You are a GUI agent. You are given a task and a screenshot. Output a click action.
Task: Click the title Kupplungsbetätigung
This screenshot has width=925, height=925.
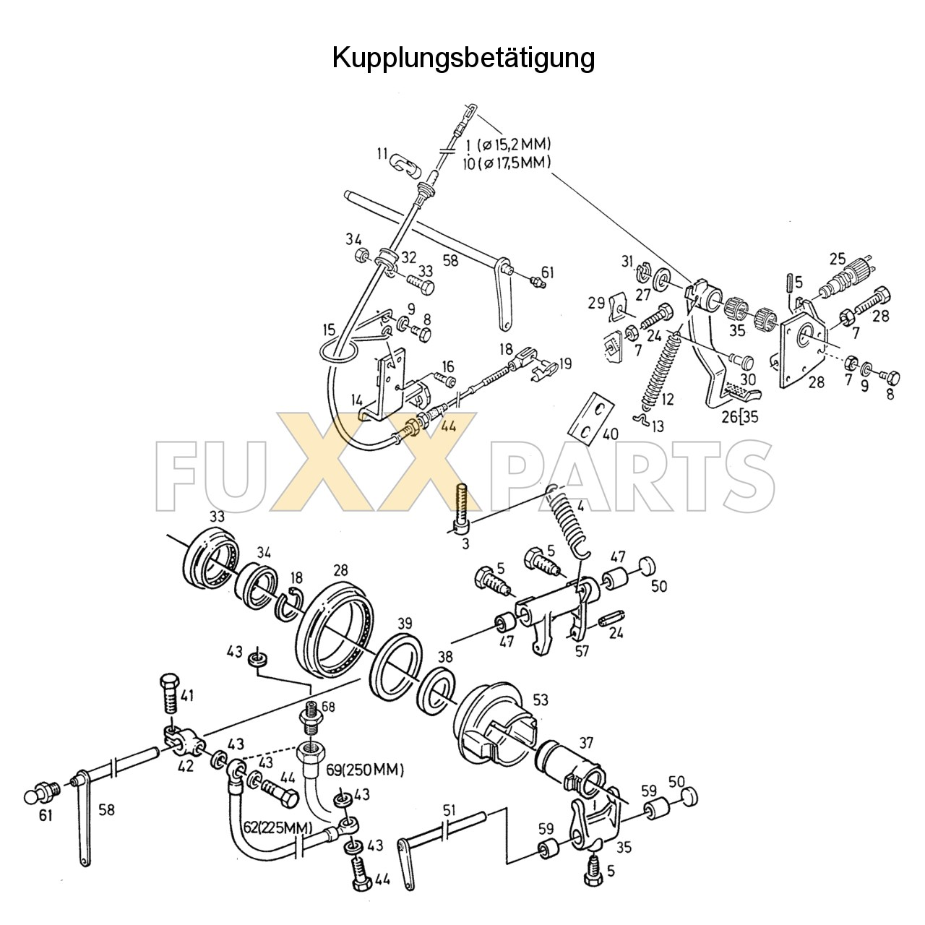click(x=463, y=58)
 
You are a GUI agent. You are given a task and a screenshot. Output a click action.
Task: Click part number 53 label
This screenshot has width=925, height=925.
click(x=540, y=700)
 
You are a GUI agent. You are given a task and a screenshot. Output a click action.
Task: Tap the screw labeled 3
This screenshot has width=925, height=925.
click(x=462, y=506)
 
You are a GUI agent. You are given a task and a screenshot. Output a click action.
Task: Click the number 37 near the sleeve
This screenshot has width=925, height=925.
click(x=585, y=743)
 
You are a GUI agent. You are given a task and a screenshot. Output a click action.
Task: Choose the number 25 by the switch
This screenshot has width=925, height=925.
click(x=837, y=259)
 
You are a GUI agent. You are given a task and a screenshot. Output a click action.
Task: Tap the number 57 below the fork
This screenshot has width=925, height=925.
click(x=582, y=650)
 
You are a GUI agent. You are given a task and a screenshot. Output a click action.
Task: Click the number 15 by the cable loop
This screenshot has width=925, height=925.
click(x=329, y=330)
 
